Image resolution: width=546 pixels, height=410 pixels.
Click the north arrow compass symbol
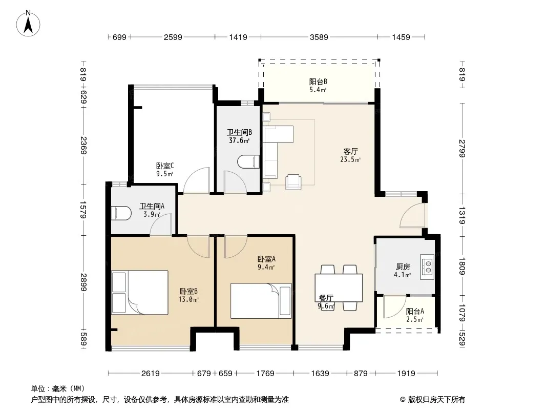click(28, 23)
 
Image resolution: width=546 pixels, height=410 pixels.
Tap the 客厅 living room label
click(351, 152)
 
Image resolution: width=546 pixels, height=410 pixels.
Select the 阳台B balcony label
click(318, 82)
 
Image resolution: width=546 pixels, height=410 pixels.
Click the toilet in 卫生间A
click(121, 213)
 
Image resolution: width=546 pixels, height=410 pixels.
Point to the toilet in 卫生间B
click(248, 162)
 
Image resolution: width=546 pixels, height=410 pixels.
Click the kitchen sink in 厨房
click(427, 267)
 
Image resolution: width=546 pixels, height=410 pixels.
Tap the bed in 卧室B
click(140, 293)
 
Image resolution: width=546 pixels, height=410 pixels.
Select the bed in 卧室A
click(261, 301)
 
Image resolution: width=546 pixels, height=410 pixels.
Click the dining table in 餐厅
click(339, 288)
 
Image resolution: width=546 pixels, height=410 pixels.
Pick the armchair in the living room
click(293, 182)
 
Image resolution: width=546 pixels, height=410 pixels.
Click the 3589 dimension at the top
click(319, 37)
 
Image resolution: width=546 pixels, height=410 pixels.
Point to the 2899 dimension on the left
click(83, 282)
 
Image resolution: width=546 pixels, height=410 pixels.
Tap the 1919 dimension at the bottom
click(406, 374)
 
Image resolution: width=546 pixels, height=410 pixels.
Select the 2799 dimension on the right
click(461, 149)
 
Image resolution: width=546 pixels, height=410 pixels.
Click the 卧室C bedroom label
click(165, 166)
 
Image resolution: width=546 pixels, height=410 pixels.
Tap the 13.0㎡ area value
click(188, 299)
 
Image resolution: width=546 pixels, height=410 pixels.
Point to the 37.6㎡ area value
click(239, 141)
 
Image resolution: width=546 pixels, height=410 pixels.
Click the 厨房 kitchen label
click(403, 267)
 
